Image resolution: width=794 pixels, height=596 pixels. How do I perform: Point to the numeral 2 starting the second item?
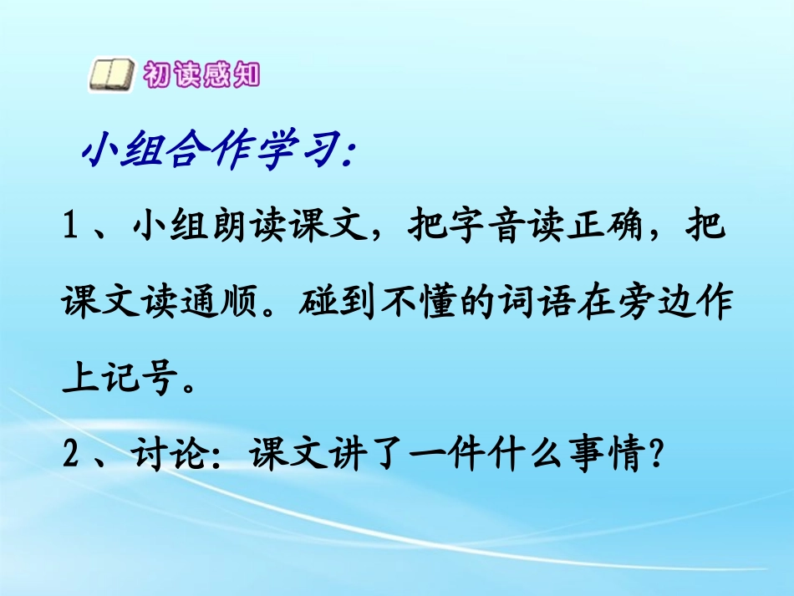coord(70,456)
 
